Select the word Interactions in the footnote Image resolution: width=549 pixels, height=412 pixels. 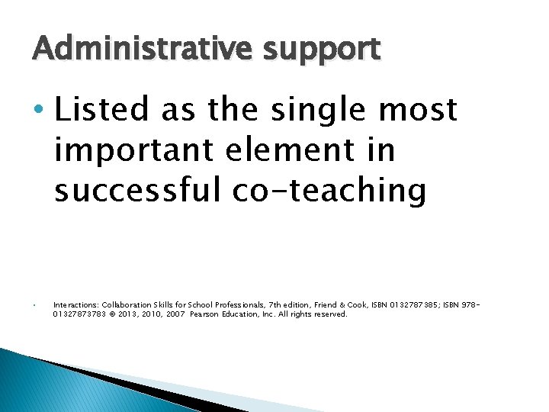75,304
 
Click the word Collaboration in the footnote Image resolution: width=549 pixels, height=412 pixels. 128,304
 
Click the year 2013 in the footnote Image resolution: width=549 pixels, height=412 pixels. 124,314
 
